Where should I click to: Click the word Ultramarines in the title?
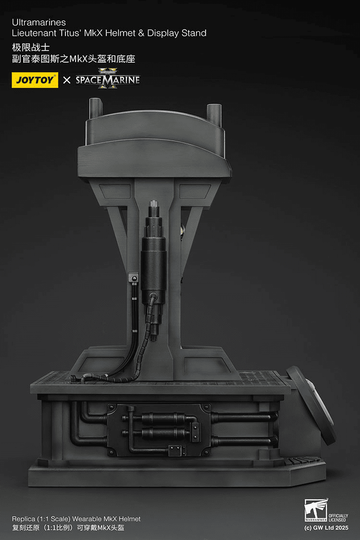tap(39, 22)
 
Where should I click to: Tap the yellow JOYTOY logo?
tap(35, 80)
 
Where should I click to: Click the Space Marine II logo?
tap(108, 79)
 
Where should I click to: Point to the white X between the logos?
tap(67, 80)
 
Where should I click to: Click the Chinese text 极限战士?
tap(31, 47)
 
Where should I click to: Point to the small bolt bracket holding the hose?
tap(133, 278)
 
